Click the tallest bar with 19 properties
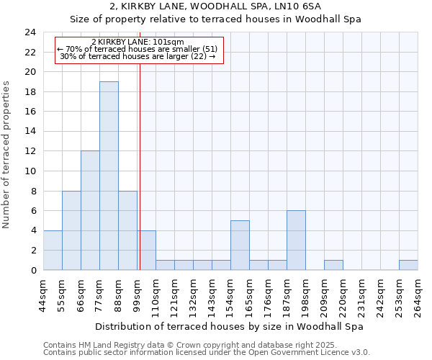[109, 176]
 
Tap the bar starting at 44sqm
[53, 250]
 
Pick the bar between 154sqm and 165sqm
[240, 245]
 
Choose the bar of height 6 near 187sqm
[296, 240]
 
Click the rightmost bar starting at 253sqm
[408, 265]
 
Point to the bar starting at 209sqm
[333, 265]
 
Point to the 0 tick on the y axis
[32, 270]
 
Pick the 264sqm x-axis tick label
[418, 296]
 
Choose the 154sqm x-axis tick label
[231, 296]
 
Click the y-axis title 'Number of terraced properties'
[7, 154]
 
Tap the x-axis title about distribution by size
[229, 326]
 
